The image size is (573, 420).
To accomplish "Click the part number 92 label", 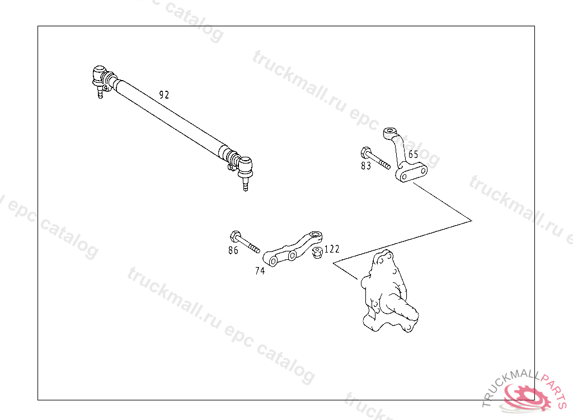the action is pos(164,95).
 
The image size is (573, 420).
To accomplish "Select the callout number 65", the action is pos(413,155).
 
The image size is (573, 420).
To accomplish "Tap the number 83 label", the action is pos(366,166).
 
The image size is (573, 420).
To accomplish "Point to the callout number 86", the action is pos(233,250).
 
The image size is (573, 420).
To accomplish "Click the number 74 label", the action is pos(260,271).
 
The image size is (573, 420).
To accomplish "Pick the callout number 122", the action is pos(332,249).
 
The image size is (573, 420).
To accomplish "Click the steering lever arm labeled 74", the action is pos(294,250).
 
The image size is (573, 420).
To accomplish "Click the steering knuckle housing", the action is pos(386,294).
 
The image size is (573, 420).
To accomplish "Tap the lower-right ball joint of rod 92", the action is pos(245,166).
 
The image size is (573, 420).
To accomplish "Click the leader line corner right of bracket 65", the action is pos(472,220).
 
